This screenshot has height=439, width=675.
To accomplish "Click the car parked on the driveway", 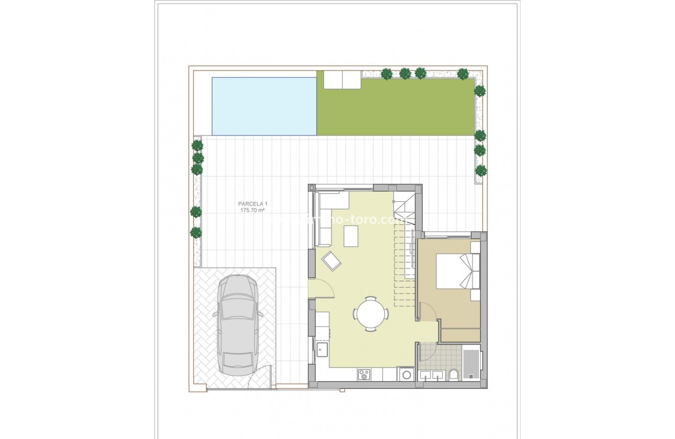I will click(238, 325).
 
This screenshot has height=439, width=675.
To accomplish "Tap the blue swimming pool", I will click(264, 106).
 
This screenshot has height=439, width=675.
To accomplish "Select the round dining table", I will click(371, 314).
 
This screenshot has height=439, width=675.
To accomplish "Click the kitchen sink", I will click(322, 350).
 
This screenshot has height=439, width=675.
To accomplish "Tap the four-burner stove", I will click(364, 375).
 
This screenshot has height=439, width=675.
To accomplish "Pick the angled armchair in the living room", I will click(331, 262).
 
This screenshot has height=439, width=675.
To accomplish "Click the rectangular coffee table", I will click(351, 236).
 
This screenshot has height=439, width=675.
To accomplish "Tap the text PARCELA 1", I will click(252, 203).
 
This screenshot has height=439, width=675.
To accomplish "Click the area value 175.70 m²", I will click(252, 210).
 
